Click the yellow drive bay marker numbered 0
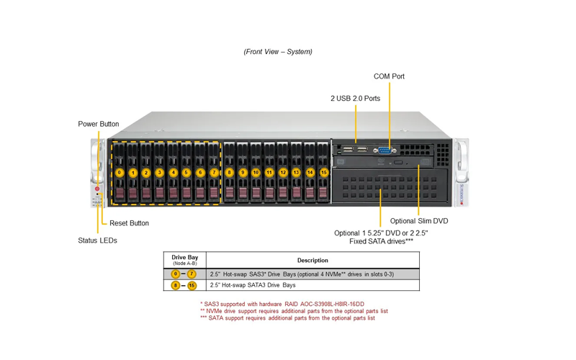[120, 172]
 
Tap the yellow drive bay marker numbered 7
[214, 172]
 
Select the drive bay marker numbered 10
[256, 172]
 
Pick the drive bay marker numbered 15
[323, 172]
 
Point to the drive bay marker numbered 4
[174, 172]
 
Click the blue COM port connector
[384, 150]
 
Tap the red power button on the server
[97, 189]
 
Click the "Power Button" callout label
[99, 124]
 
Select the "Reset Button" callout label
[129, 223]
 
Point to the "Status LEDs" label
[97, 240]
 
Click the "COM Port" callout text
[389, 76]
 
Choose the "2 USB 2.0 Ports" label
[355, 99]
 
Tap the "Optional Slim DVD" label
[419, 221]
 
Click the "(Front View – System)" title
[278, 52]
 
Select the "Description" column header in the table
[312, 261]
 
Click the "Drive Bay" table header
[185, 257]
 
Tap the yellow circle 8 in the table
[176, 285]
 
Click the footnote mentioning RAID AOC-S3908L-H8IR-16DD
[282, 304]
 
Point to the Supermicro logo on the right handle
[462, 194]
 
